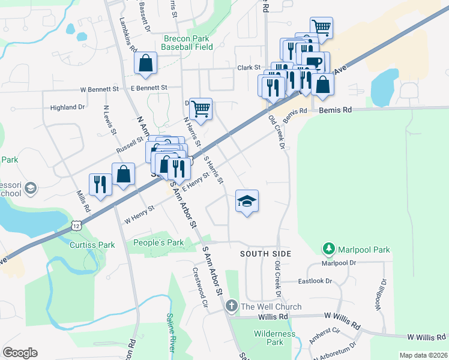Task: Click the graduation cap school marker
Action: pos(247,202)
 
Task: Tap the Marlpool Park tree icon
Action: pos(328,248)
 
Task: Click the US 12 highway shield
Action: pos(74,224)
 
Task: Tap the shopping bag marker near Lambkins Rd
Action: pos(145,64)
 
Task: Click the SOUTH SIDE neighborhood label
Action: pos(265,254)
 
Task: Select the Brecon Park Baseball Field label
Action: pos(188,43)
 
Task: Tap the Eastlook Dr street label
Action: pos(315,281)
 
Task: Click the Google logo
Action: pos(20,353)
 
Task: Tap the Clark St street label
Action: pos(249,68)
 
